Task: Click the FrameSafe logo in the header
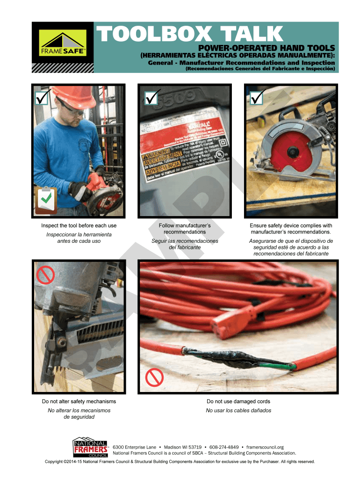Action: click(x=62, y=43)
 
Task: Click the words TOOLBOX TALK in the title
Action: click(x=189, y=34)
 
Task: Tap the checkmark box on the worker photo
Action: click(x=42, y=98)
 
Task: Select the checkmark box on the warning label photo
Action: click(x=151, y=98)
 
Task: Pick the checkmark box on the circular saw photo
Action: click(x=257, y=98)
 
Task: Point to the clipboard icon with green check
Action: click(x=46, y=200)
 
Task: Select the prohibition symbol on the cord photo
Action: click(x=154, y=377)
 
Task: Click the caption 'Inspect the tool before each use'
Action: click(x=79, y=226)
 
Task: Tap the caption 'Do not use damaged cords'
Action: click(x=238, y=401)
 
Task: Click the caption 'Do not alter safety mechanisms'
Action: click(x=79, y=401)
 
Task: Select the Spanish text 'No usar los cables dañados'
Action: click(x=238, y=410)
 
